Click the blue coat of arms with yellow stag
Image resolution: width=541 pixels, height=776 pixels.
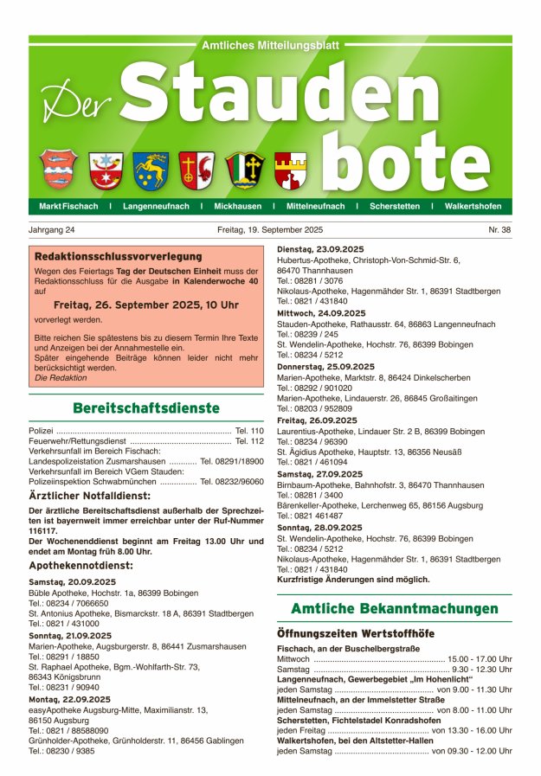point(151,170)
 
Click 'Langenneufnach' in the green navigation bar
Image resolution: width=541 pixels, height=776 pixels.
point(155,207)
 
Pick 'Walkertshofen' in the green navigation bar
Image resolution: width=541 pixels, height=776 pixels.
point(473,207)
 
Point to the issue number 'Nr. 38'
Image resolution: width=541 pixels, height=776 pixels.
point(499,230)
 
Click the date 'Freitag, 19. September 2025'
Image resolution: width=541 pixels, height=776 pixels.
point(270,230)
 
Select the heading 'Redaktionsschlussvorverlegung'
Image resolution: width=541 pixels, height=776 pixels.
point(118,256)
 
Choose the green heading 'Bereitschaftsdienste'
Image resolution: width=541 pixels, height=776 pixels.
point(146,407)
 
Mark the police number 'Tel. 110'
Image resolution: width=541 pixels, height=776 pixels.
point(248,430)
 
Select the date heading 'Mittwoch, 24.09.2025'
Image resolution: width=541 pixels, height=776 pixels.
point(320,313)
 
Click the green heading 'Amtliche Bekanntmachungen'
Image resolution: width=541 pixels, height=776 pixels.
point(394,609)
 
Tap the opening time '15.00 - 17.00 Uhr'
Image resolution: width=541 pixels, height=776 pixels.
point(480,658)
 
